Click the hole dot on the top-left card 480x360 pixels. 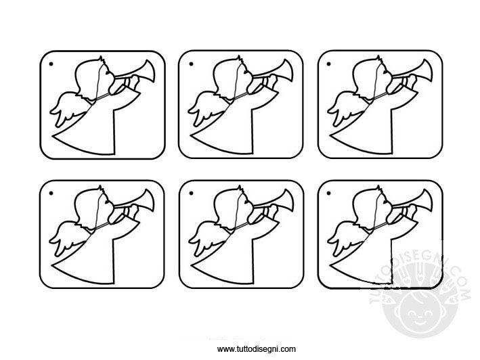51,64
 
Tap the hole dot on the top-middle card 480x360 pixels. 192,64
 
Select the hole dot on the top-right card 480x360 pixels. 329,64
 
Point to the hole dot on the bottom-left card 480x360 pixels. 51,194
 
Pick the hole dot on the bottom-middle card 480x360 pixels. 192,194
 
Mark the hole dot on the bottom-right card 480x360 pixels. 329,194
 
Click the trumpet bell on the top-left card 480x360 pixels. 148,72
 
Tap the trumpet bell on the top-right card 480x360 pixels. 426,72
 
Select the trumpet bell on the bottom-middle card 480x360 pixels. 287,201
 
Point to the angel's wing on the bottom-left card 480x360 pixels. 65,238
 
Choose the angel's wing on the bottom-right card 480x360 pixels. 343,238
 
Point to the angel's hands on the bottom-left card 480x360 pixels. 124,213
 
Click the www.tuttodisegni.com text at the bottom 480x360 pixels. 257,349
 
